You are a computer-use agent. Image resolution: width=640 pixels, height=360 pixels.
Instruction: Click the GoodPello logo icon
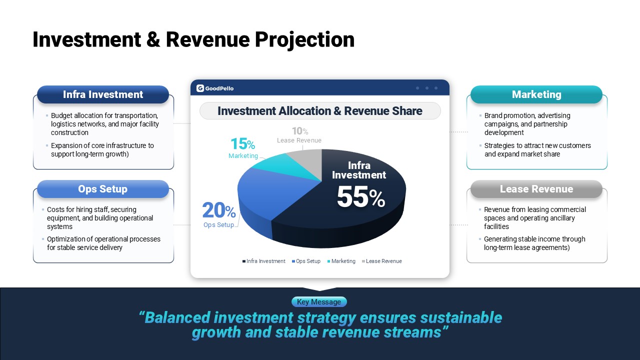200,88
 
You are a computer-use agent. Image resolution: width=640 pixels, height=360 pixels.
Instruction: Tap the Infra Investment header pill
103,94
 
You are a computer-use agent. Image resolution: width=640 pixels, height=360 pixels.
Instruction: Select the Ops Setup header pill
103,189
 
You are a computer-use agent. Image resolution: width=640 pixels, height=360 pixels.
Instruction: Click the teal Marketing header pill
536,94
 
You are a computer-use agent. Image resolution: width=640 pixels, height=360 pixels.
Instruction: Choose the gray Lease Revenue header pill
536,189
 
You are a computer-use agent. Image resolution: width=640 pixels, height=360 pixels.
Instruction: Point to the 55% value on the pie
361,197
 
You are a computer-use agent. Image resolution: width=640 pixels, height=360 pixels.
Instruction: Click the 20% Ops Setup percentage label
219,210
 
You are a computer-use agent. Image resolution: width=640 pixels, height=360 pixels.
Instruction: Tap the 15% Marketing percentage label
243,143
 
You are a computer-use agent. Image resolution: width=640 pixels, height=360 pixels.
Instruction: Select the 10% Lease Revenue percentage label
300,131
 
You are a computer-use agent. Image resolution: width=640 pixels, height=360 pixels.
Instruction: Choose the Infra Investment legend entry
263,261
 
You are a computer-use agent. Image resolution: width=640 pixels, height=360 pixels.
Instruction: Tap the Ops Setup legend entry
306,261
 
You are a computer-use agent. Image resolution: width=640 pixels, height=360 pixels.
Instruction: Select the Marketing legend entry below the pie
341,261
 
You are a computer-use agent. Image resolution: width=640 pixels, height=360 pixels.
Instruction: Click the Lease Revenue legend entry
381,261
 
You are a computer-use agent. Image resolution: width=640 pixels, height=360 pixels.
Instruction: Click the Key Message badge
319,301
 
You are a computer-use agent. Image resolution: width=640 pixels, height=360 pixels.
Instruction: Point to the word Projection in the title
304,39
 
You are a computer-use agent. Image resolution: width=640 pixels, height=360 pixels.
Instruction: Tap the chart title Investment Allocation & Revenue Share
320,111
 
